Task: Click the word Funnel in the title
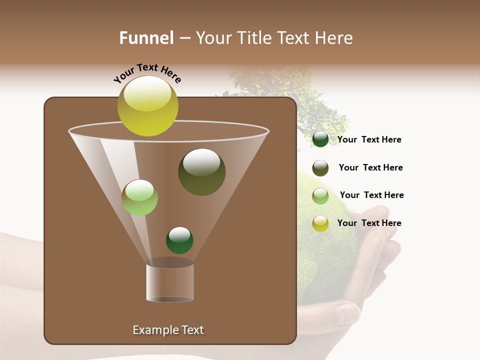pos(146,38)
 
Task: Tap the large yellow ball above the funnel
pos(147,105)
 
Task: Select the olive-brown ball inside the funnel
pos(201,172)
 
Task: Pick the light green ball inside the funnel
pos(139,197)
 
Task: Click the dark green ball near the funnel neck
pos(179,240)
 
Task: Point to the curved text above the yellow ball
pos(147,73)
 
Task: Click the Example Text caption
pos(168,330)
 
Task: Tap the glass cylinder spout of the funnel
pos(170,282)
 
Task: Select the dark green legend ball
pos(320,139)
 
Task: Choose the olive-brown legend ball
pos(320,168)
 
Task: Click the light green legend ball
pos(320,195)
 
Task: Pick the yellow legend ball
pos(320,223)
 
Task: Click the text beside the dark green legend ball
pos(369,139)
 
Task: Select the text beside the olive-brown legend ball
pos(370,167)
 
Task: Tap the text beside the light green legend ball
pos(371,195)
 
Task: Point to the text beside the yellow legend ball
pos(369,223)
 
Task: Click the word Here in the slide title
pos(334,38)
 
